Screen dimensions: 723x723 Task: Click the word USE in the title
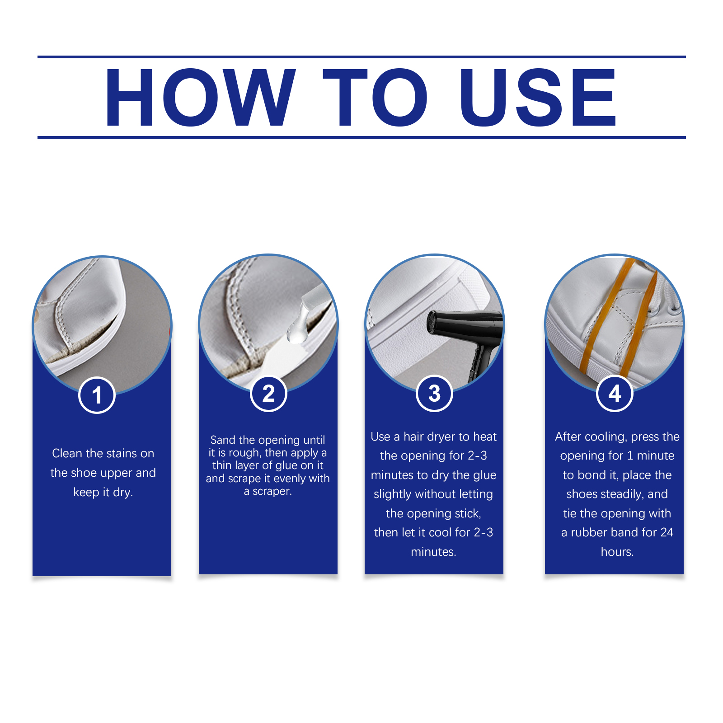[538, 98]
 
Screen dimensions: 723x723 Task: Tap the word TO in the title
[376, 98]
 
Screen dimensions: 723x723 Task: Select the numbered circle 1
[97, 395]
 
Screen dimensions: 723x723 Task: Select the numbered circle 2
[268, 394]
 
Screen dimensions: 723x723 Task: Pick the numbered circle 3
[434, 394]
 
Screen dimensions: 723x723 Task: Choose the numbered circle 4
[615, 394]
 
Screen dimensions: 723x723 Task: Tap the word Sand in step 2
[223, 440]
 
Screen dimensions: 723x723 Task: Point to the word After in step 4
[568, 437]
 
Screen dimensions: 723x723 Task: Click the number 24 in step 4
[667, 532]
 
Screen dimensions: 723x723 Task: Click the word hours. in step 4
[617, 552]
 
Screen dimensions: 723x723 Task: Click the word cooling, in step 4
[606, 437]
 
